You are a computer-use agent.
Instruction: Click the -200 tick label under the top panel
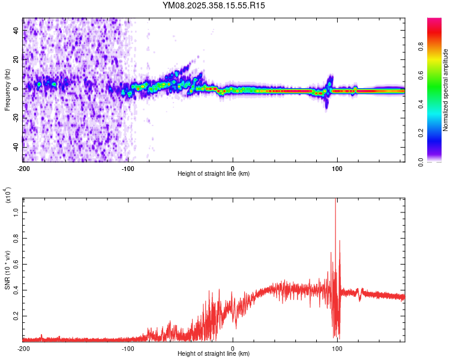click(23, 167)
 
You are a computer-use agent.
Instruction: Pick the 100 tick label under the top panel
click(337, 167)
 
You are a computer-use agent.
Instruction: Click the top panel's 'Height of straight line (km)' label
click(214, 174)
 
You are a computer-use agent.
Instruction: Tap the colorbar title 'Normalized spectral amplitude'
click(445, 90)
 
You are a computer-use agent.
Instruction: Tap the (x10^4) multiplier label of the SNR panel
click(8, 194)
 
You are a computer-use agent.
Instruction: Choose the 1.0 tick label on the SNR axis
click(16, 212)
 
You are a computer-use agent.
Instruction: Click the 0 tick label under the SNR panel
click(233, 348)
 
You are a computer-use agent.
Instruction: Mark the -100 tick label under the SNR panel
click(128, 348)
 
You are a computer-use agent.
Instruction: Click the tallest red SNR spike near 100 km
click(335, 201)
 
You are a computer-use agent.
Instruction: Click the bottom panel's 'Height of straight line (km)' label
click(214, 355)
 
